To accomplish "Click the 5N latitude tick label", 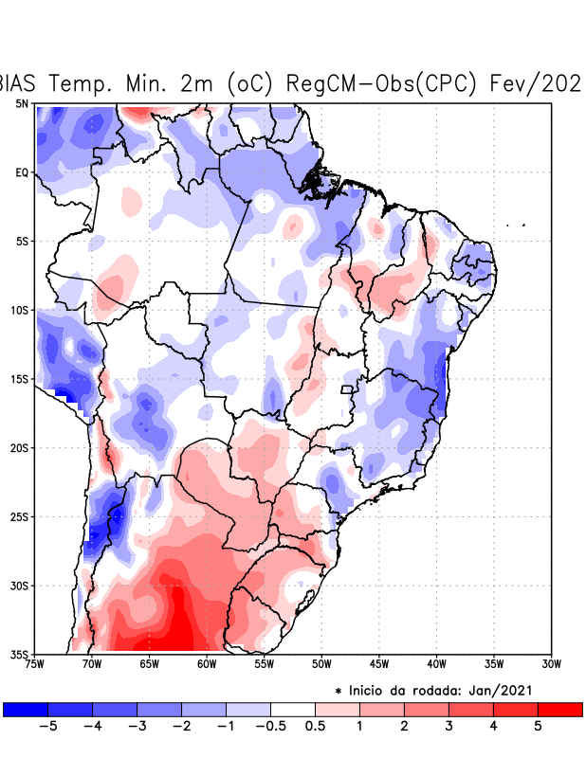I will tap(22, 104).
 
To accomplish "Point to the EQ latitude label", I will tap(22, 172).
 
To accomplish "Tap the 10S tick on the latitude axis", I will tap(20, 310).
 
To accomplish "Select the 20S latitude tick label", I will tap(20, 447).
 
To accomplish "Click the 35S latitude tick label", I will tap(20, 654).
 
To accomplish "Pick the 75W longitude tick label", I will tap(35, 663).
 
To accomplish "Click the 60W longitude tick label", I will tap(207, 663).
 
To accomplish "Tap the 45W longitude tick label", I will tap(379, 663).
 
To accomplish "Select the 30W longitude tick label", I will tap(552, 663).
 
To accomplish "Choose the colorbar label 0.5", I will tap(316, 727).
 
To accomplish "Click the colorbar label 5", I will tap(539, 727).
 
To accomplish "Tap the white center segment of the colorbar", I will tap(293, 709).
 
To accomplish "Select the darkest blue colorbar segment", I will tap(26, 709).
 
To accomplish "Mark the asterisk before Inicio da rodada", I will tap(339, 692).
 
